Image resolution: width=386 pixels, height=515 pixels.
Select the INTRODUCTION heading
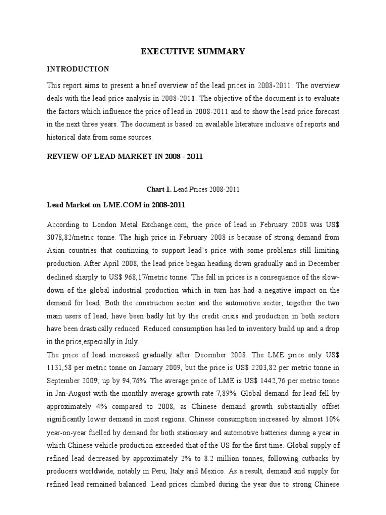[x=77, y=69]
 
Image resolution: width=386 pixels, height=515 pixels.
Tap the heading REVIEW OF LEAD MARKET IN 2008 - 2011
[x=124, y=156]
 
